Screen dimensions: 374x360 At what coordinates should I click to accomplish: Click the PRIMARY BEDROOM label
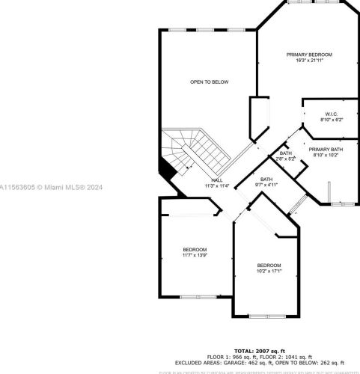pos(310,55)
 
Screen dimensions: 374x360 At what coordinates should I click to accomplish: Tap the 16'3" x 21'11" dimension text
pos(310,61)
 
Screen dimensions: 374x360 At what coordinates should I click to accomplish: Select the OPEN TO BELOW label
pos(210,82)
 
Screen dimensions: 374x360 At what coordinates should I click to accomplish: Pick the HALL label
pos(216,180)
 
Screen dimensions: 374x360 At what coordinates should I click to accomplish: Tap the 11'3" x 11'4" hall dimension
pos(216,186)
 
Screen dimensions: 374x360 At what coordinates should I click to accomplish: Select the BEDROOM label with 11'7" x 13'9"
pos(194,250)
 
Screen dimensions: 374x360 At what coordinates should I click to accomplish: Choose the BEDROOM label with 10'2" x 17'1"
pos(269,266)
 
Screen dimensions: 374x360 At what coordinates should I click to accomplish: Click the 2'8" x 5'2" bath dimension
pos(286,159)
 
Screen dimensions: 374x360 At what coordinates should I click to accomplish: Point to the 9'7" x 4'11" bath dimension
pos(266,185)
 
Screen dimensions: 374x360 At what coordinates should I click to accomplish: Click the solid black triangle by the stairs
pos(169,170)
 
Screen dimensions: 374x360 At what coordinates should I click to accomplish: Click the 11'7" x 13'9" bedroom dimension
pos(194,256)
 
